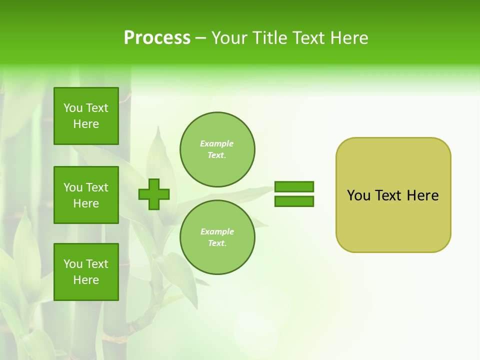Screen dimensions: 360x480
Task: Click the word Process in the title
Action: pyautogui.click(x=157, y=38)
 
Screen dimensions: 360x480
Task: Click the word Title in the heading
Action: pyautogui.click(x=269, y=38)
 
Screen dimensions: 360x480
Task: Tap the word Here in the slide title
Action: pyautogui.click(x=348, y=38)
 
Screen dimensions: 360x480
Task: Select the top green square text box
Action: pyautogui.click(x=86, y=116)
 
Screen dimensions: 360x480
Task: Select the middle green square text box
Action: pyautogui.click(x=86, y=195)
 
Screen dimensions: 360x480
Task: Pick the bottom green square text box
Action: pyautogui.click(x=86, y=272)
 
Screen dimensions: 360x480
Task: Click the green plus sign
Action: pyautogui.click(x=154, y=193)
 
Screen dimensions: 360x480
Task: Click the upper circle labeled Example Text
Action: pyautogui.click(x=217, y=149)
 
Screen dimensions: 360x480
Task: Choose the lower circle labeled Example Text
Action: pyautogui.click(x=217, y=237)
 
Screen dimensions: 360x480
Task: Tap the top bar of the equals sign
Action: pyautogui.click(x=294, y=186)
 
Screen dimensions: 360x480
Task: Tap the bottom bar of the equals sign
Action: pyautogui.click(x=294, y=201)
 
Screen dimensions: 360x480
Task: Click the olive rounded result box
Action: pyautogui.click(x=393, y=220)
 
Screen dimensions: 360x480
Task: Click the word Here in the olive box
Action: pyautogui.click(x=422, y=195)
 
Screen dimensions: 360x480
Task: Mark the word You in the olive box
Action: pyautogui.click(x=358, y=195)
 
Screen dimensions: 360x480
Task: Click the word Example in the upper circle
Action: pyautogui.click(x=216, y=143)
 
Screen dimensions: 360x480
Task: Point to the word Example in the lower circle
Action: pyautogui.click(x=217, y=231)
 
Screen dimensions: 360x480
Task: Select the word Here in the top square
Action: pyautogui.click(x=86, y=124)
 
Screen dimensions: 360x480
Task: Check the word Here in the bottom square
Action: pyautogui.click(x=86, y=280)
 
